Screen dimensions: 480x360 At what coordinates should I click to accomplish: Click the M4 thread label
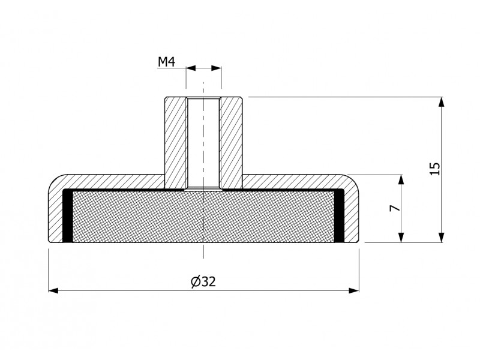click(166, 62)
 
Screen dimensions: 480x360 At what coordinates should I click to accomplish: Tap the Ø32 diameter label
click(203, 281)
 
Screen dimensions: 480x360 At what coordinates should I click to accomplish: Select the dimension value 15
click(435, 169)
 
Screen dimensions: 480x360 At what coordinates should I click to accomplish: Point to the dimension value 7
click(395, 208)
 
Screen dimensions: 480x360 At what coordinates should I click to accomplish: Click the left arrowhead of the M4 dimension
click(191, 68)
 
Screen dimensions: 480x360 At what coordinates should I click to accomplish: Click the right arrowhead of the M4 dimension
click(216, 68)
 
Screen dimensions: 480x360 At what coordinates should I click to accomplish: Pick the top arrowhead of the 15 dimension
click(441, 102)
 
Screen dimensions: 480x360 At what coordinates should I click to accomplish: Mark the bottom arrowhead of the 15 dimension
click(441, 238)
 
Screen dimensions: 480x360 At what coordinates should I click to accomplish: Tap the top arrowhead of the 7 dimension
click(401, 179)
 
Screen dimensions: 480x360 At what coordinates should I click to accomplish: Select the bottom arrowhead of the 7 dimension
click(401, 238)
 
